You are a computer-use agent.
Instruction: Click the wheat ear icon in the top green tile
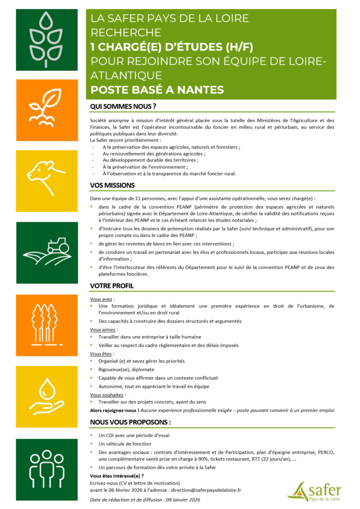(47, 40)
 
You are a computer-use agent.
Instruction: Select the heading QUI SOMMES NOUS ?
(123, 107)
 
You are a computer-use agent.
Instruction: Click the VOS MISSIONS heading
(112, 185)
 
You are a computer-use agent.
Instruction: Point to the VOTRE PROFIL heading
(112, 286)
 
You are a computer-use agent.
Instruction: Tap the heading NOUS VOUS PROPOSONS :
(130, 422)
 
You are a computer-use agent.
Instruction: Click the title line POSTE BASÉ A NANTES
(157, 90)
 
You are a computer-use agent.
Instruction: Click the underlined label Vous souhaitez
(104, 394)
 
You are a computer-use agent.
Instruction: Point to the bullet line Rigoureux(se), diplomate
(126, 369)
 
